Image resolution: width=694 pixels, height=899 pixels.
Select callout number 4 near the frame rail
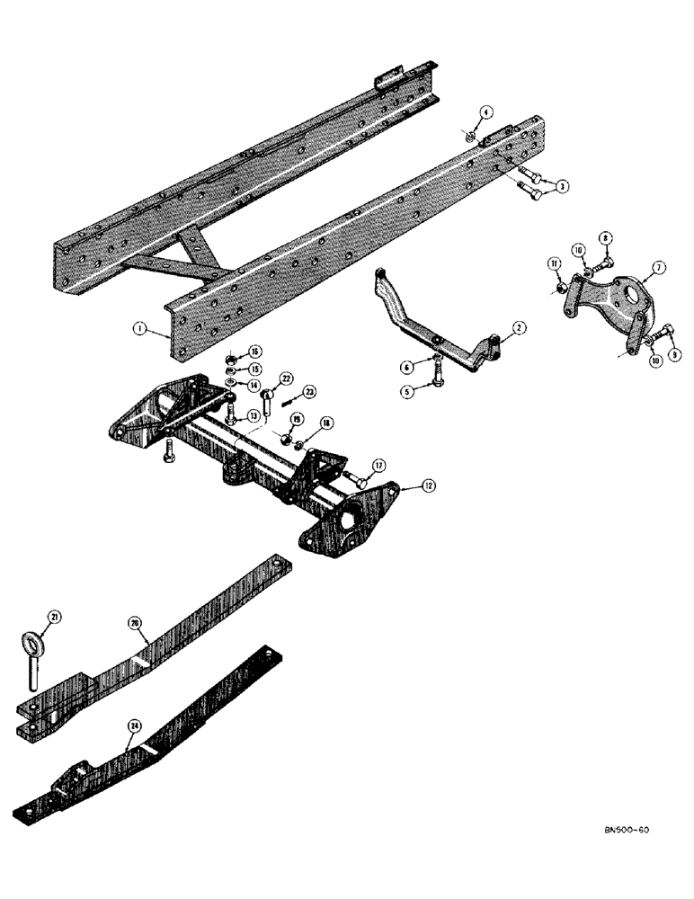click(x=485, y=112)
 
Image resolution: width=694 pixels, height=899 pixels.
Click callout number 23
click(x=308, y=391)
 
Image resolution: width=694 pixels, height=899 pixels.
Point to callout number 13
click(x=254, y=414)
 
